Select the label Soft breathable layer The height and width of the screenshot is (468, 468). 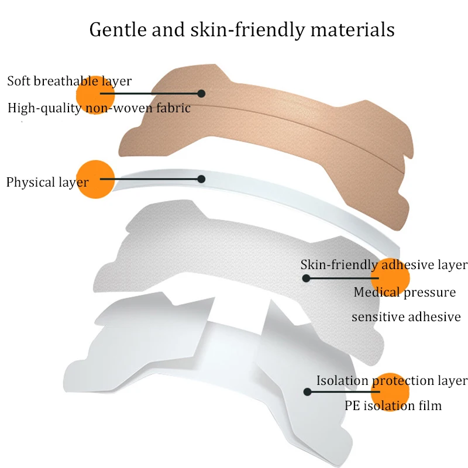(70, 81)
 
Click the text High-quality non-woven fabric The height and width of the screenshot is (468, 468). (99, 108)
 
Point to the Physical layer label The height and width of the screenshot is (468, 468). (47, 183)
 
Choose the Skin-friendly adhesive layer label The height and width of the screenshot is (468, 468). (384, 264)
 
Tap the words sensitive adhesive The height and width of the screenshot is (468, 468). (406, 317)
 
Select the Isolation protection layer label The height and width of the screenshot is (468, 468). (392, 380)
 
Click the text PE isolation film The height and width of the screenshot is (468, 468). (393, 405)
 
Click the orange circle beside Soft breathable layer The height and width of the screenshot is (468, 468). (95, 94)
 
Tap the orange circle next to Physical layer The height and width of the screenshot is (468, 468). (95, 180)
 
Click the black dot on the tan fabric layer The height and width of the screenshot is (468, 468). (201, 93)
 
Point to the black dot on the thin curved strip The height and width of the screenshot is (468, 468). (201, 179)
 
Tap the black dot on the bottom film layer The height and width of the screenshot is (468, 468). (305, 391)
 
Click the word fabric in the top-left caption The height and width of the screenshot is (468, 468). (174, 108)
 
